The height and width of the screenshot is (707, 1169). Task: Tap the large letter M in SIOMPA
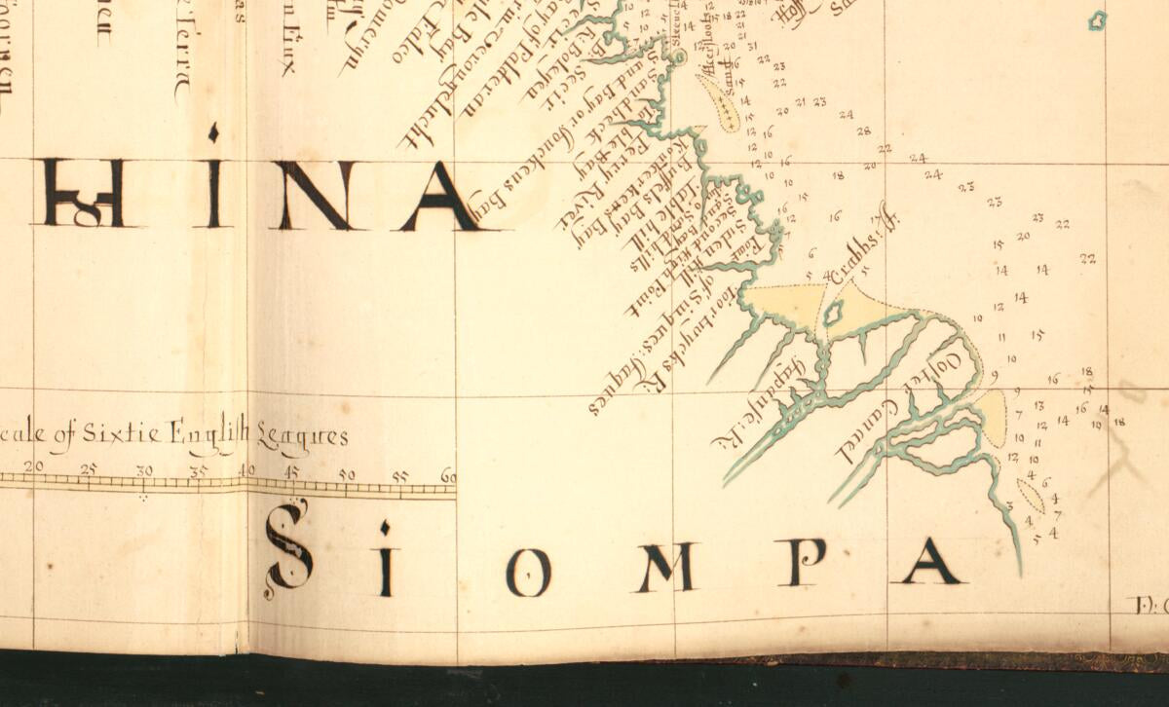click(x=666, y=568)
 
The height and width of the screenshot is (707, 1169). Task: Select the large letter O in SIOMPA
click(x=529, y=573)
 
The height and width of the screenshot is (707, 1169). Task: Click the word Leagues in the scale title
click(x=302, y=436)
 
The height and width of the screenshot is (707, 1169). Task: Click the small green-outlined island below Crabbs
click(x=833, y=313)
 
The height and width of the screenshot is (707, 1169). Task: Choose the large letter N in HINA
click(x=316, y=196)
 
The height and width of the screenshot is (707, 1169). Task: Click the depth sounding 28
click(x=863, y=130)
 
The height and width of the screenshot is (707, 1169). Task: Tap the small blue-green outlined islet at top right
click(x=1097, y=19)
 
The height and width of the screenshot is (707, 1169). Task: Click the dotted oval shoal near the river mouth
click(x=1030, y=495)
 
